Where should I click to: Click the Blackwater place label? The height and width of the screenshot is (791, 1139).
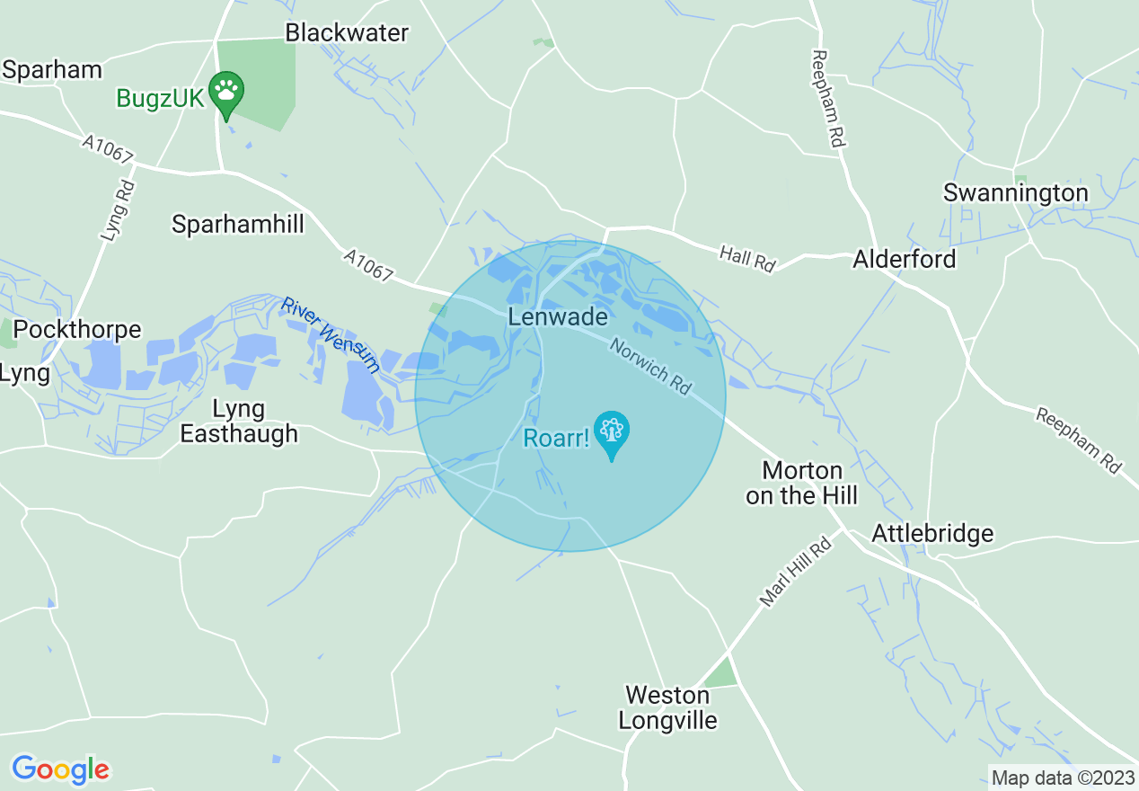coord(347,33)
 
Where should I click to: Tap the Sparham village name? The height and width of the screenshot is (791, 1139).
coord(52,70)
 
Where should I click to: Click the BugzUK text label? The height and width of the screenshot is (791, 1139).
coord(161,98)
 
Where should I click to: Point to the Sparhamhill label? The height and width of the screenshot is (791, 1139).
coord(238,224)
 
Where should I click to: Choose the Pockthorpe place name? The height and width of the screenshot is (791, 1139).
coord(78,330)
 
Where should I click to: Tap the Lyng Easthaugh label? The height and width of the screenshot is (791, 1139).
coord(239,422)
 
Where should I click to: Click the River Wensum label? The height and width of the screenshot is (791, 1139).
coord(330,335)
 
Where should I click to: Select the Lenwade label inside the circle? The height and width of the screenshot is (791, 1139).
coord(558,317)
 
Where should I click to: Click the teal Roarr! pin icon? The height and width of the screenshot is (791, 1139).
coord(612,432)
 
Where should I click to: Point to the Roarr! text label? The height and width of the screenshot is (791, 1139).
coord(557,440)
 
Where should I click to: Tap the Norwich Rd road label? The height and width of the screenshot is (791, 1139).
coord(650,366)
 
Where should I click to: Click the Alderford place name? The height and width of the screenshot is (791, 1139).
coord(905,260)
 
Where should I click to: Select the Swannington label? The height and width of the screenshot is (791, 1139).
coord(1015,193)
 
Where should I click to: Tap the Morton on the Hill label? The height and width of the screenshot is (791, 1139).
coord(802,483)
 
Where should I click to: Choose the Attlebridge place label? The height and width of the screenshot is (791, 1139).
coord(932,534)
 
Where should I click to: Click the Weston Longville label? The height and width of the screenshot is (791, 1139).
coord(668,707)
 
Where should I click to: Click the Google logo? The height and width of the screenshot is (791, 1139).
coord(60,769)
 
